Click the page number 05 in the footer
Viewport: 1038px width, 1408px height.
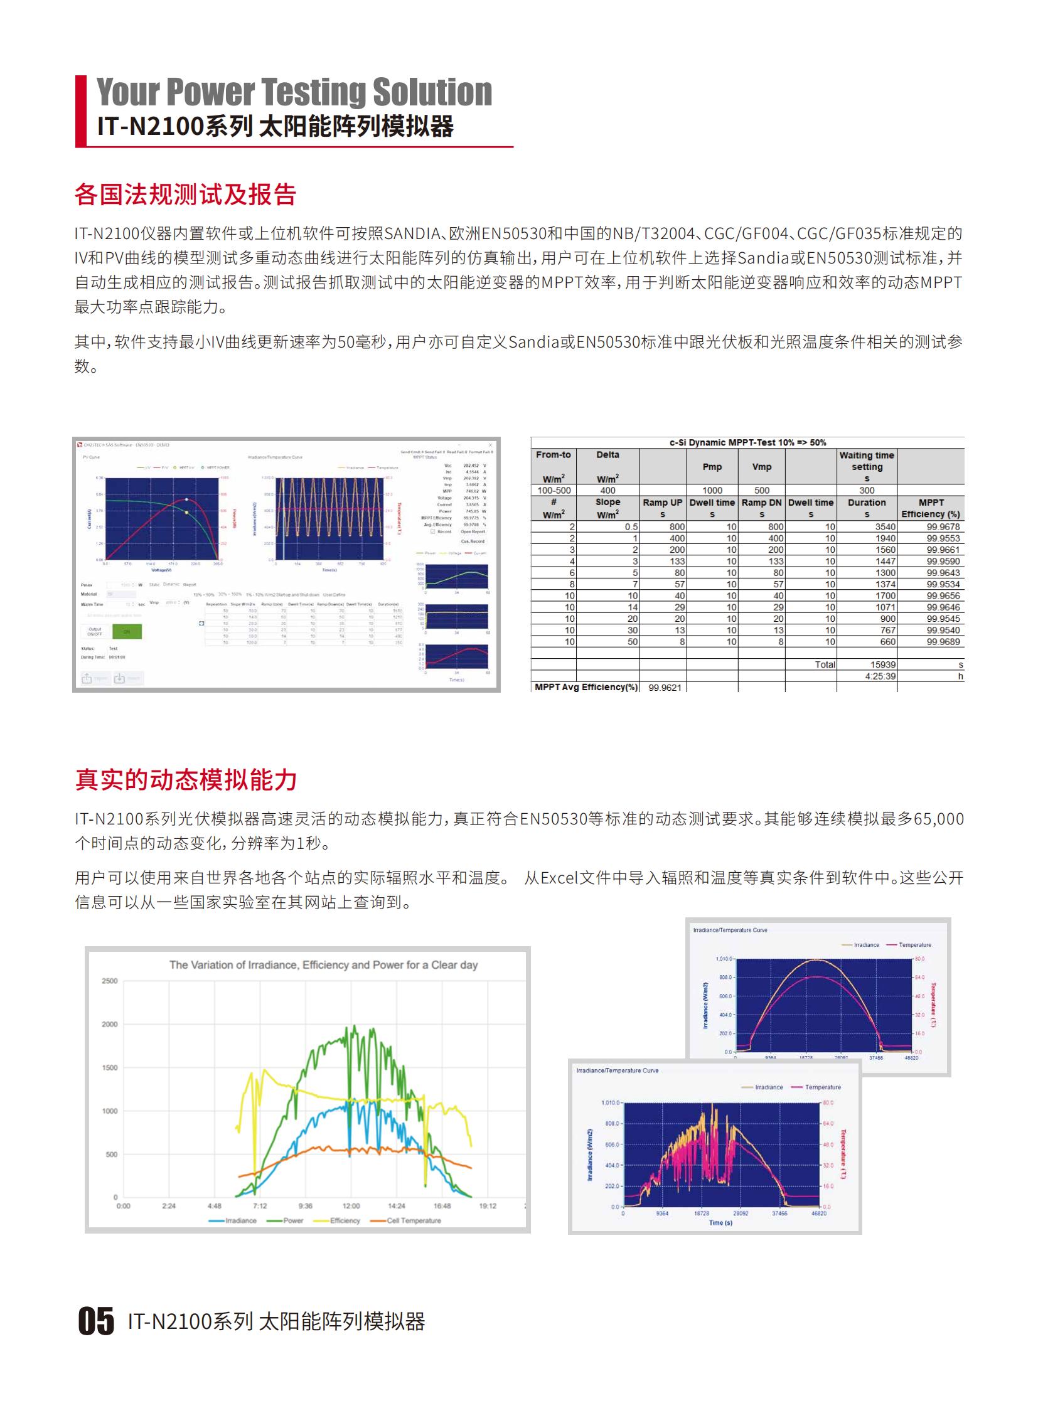pos(96,1320)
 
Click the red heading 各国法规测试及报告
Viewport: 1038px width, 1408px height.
pos(185,195)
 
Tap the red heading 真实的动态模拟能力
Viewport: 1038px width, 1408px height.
pos(186,780)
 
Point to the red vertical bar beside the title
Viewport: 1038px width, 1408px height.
pos(80,111)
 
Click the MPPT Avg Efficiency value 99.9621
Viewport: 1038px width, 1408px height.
pos(665,687)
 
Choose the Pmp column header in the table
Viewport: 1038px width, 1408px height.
pos(712,467)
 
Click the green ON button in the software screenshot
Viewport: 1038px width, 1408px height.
pos(127,631)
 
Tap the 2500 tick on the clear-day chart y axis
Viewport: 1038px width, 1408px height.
pos(110,981)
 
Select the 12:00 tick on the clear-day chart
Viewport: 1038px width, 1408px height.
pos(351,1206)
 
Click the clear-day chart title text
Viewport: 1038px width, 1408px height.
pos(323,964)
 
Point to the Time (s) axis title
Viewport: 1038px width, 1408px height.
pos(720,1223)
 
